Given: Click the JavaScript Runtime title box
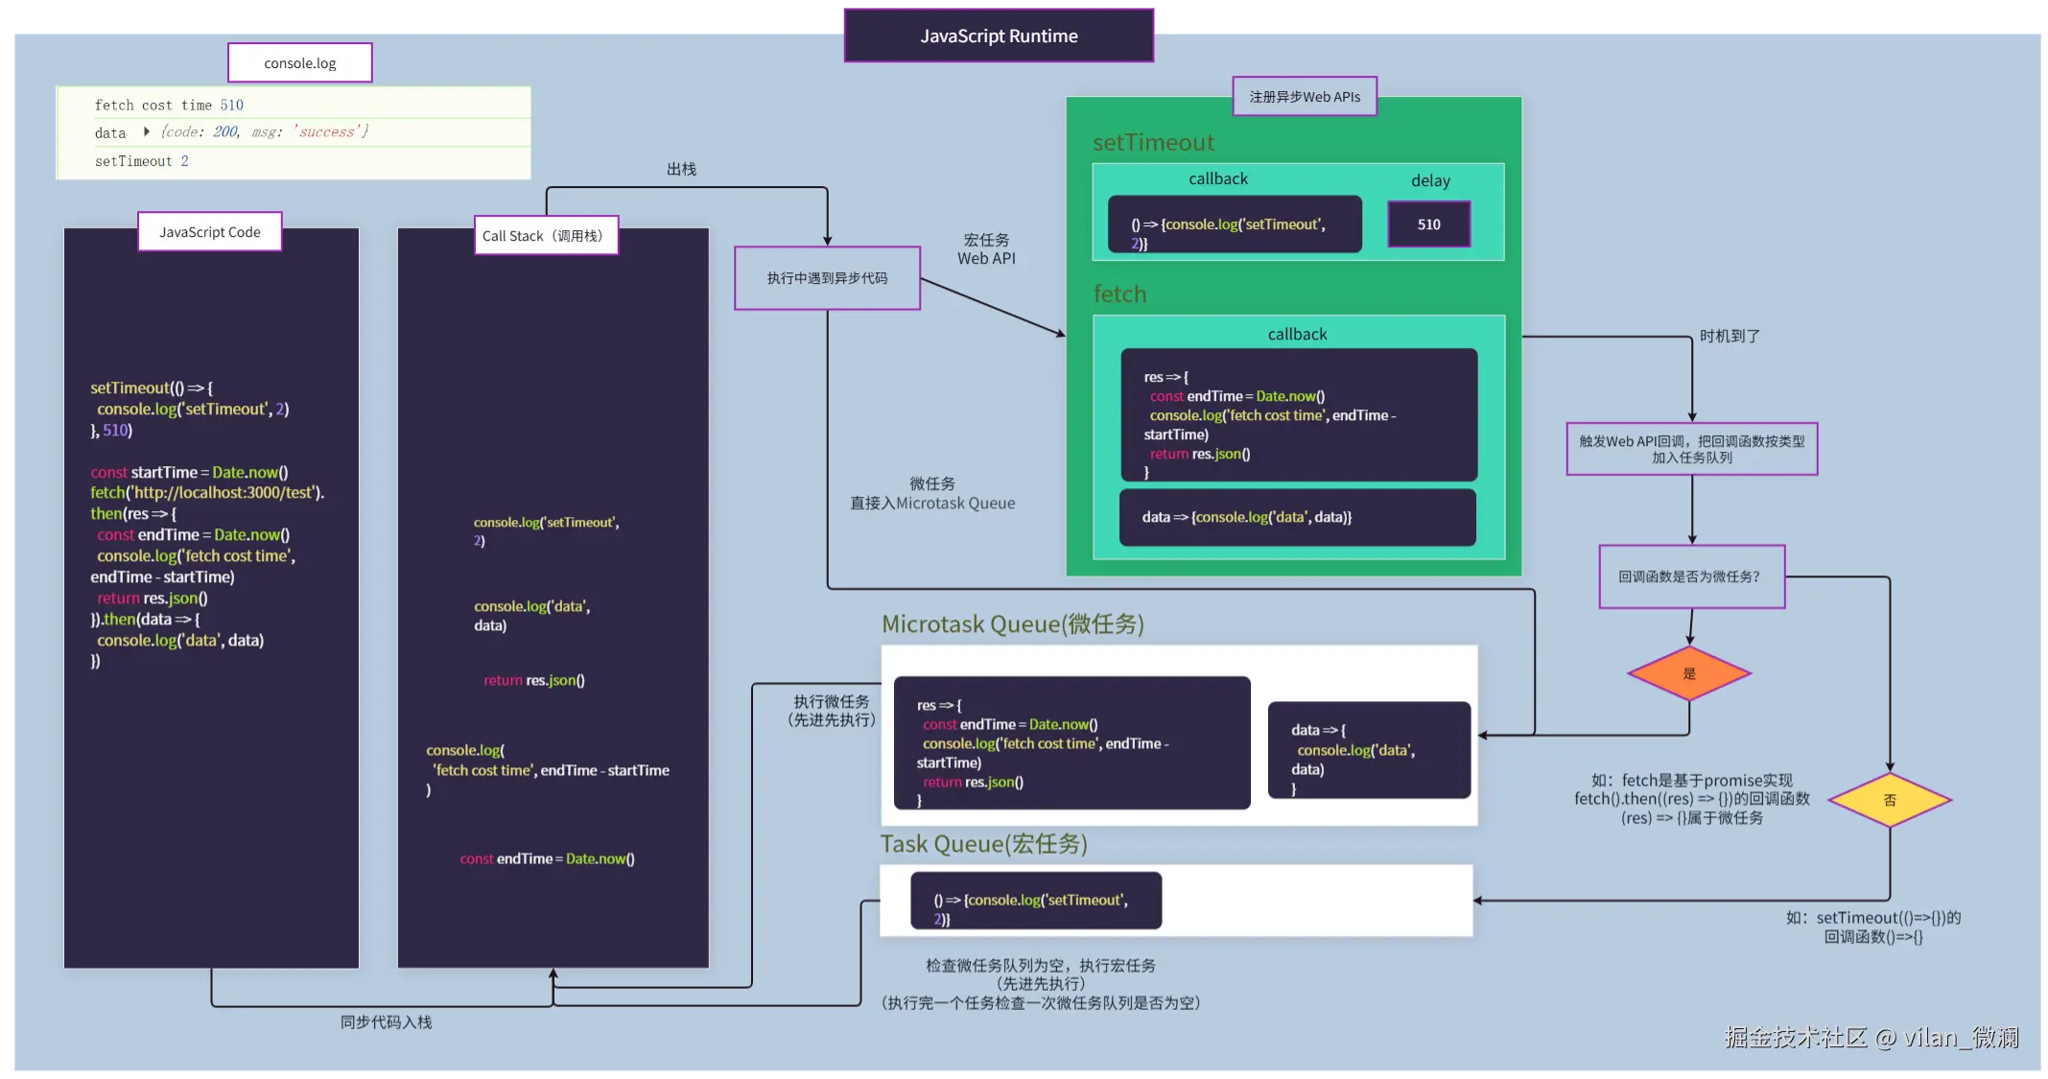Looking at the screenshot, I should coord(999,36).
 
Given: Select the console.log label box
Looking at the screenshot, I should coord(300,63).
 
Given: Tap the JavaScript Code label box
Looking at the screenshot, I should coord(210,232).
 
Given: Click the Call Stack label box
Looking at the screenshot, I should coord(546,236).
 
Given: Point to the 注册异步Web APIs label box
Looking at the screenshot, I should coord(1305,97).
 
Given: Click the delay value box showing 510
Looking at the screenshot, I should coord(1428,224).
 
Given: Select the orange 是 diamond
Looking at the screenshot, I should coord(1689,673).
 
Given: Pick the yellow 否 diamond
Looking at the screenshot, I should coord(1890,800).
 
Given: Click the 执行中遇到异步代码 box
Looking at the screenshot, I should coord(827,278).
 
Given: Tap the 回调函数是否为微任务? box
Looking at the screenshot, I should coord(1691,576).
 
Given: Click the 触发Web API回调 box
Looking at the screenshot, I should coord(1691,449).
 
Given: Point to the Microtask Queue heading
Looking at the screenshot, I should coord(1012,624).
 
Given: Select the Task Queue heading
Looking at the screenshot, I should coord(983,844).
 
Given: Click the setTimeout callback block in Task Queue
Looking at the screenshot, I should coord(1036,901).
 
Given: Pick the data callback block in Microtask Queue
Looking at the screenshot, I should coord(1369,750).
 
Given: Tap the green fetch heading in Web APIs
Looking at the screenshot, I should coord(1119,294).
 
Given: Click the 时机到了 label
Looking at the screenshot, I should coord(1730,337).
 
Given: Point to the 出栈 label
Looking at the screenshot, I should coord(681,170).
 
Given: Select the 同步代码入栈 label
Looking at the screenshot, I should coord(386,1022).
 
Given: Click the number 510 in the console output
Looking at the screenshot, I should coord(232,106).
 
